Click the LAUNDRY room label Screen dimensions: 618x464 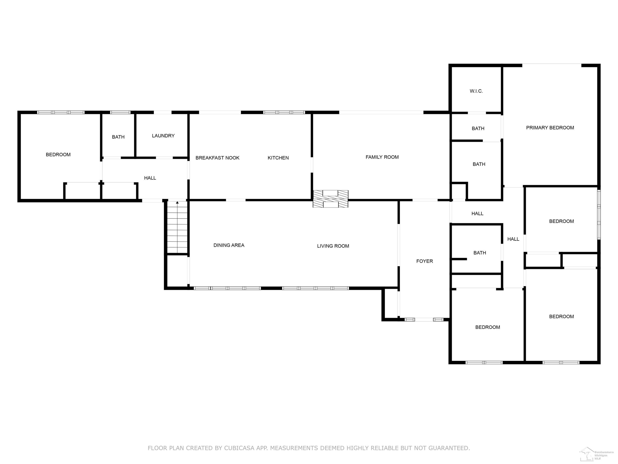tap(163, 136)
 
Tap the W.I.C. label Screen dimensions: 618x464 tap(476, 91)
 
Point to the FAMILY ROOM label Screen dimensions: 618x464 tap(382, 157)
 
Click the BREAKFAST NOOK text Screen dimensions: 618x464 tap(217, 158)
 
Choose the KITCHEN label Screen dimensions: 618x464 tap(278, 158)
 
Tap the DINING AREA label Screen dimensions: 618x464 tap(229, 245)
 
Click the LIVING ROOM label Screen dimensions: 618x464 tap(333, 246)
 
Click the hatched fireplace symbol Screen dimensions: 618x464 tap(330, 199)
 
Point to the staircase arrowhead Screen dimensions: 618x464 tap(177, 202)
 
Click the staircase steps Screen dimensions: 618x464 tap(177, 227)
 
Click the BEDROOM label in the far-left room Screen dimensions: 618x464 tap(58, 155)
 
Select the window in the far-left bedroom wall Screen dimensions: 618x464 tap(61, 112)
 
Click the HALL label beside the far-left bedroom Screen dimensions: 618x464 tap(150, 178)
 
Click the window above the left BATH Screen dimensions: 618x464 tap(120, 112)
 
